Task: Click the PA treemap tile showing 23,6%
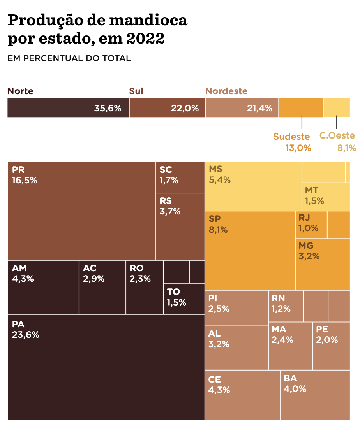[106, 367]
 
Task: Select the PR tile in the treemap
[81, 211]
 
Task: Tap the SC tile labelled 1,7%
[180, 177]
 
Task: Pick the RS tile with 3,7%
[180, 226]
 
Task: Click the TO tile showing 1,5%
[184, 299]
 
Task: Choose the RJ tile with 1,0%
[311, 225]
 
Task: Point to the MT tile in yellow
[326, 197]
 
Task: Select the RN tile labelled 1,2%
[286, 306]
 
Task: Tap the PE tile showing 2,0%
[331, 346]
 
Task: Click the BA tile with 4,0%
[315, 395]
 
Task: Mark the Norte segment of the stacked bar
[68, 108]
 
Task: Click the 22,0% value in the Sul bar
[185, 109]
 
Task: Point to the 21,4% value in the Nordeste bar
[259, 109]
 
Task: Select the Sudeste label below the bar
[291, 137]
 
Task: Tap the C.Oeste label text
[337, 136]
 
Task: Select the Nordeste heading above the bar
[226, 91]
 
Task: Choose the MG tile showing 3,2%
[323, 264]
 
